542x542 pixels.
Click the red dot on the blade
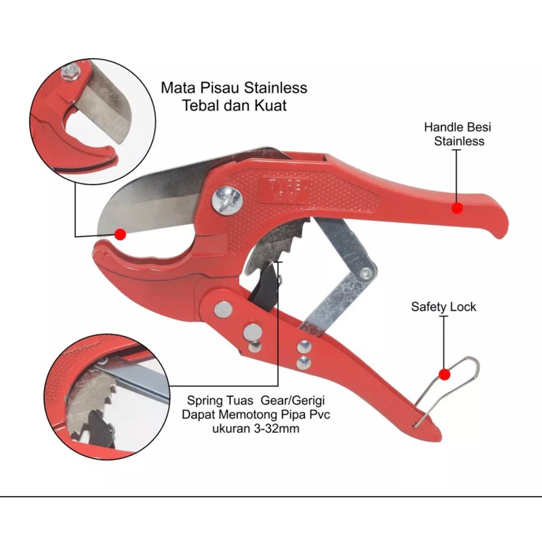click(121, 234)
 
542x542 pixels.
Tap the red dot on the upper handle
click(458, 209)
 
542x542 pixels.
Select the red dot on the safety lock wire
click(444, 373)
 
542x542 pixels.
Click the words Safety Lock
click(444, 307)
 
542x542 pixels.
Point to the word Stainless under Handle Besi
click(459, 141)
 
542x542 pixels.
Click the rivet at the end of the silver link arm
click(368, 274)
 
